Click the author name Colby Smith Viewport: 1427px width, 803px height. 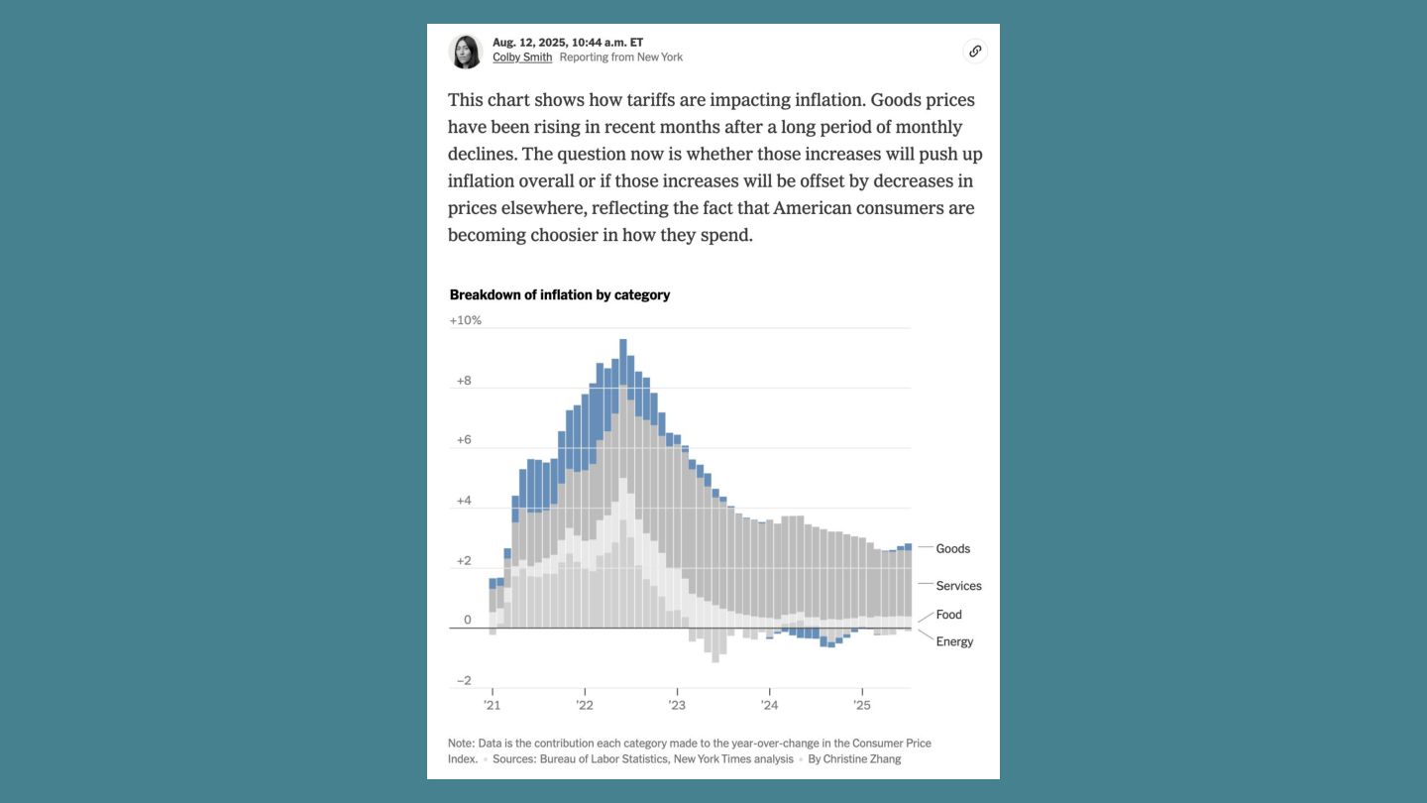point(522,57)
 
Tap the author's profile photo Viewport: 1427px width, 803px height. point(466,52)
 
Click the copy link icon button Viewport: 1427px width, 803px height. point(975,52)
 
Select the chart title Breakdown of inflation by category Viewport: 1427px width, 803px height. point(560,295)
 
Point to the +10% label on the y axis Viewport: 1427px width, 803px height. point(466,320)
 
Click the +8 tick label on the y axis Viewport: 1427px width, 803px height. point(464,381)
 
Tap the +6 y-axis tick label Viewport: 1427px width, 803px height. point(464,440)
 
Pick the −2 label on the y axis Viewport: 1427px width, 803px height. point(464,681)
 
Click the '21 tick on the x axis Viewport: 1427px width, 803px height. point(492,706)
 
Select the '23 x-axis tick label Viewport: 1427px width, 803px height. point(677,706)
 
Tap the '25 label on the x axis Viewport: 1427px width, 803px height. point(862,706)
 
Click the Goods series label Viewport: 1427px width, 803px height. point(953,549)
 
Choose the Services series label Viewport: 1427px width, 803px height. point(958,586)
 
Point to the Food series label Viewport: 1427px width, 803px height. point(948,615)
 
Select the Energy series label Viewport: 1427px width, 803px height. point(954,641)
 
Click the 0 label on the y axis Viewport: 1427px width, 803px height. point(468,621)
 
